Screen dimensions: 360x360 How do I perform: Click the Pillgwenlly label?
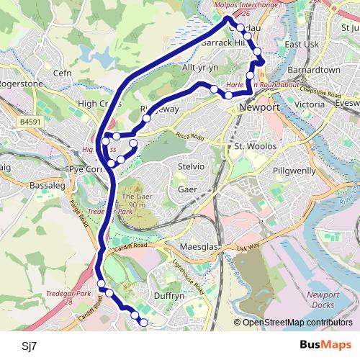tap(296, 172)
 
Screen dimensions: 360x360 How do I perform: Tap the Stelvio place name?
tap(191, 167)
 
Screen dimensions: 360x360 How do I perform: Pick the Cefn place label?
tap(63, 73)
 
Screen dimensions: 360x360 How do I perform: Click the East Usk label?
tap(301, 45)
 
